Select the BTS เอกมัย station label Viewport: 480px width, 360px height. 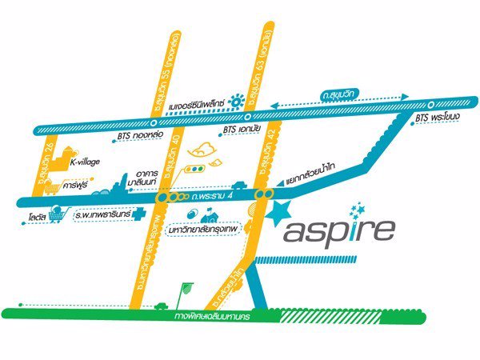240,128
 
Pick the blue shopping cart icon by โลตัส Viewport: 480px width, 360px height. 56,214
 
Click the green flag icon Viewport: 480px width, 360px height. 189,286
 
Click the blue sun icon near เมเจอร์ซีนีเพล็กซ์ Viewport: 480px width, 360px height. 236,101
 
